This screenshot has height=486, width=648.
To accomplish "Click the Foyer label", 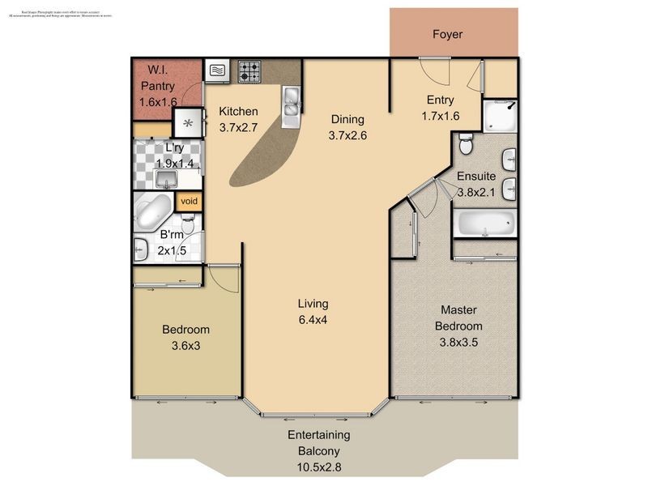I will pyautogui.click(x=446, y=35).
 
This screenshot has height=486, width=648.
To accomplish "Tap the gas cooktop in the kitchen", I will pyautogui.click(x=249, y=71).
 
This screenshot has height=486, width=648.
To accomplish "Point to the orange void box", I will pyautogui.click(x=189, y=201).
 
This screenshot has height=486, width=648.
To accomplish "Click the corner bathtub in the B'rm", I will pyautogui.click(x=152, y=212).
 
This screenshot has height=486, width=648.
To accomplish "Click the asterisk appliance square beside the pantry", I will pyautogui.click(x=189, y=123).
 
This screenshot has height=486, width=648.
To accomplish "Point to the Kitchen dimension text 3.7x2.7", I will pyautogui.click(x=239, y=127).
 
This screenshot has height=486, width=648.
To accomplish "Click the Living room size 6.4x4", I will pyautogui.click(x=313, y=319).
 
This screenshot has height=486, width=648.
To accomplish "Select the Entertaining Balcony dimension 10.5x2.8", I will pyautogui.click(x=318, y=467).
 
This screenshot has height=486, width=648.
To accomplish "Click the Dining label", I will pyautogui.click(x=347, y=120).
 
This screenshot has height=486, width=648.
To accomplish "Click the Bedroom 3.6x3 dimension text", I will pyautogui.click(x=185, y=345).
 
